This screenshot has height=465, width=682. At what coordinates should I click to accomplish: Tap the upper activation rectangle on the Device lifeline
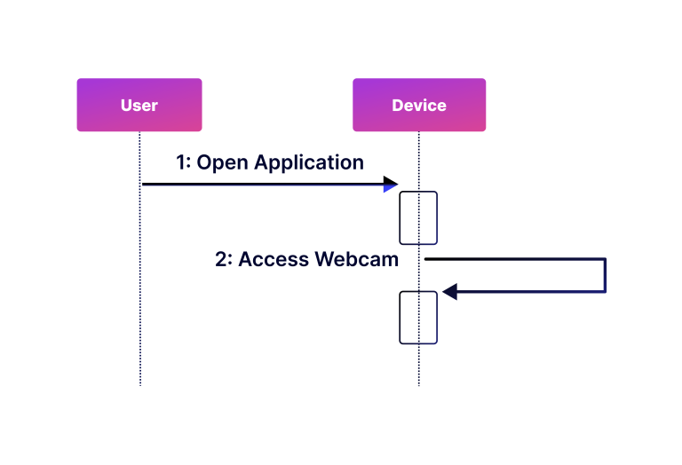point(418,217)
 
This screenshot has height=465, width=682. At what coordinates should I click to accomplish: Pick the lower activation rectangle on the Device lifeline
point(418,317)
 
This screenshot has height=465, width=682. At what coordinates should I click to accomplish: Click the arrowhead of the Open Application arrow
point(391,185)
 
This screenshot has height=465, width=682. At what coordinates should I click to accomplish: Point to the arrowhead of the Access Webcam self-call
point(449,291)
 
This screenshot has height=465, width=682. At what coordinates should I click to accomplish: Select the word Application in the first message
point(309,162)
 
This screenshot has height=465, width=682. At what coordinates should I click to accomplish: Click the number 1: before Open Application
point(184,162)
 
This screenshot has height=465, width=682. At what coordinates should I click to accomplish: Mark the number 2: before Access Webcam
point(225,259)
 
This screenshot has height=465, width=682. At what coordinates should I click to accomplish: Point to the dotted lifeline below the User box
point(140,293)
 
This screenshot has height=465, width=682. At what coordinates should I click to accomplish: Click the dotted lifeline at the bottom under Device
point(419,368)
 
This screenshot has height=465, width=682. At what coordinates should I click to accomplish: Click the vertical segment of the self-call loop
point(605,275)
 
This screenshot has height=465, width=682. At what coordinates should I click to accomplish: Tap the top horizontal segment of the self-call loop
point(515,259)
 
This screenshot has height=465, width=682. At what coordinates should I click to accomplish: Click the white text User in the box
point(139,106)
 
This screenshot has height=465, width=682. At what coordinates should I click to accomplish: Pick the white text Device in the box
point(419,106)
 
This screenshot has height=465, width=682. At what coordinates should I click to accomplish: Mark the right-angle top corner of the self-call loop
point(605,259)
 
